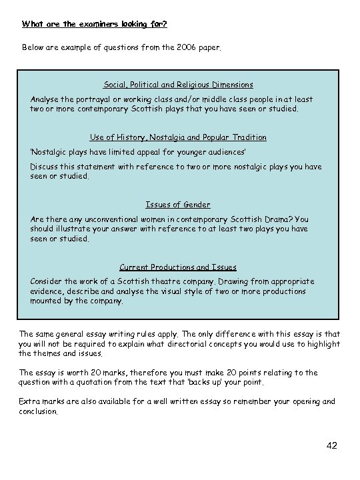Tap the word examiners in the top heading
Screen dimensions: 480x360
89,25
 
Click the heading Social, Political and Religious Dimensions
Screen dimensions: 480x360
178,85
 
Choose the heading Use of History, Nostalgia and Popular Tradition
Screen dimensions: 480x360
178,137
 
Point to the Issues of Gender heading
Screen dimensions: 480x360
178,205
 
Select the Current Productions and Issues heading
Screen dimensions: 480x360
178,267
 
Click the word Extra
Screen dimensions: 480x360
30,401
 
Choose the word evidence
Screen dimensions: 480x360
48,291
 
